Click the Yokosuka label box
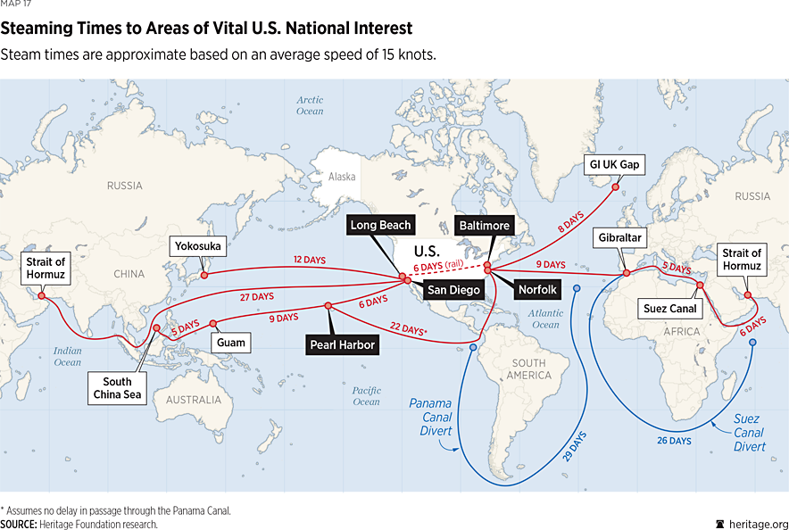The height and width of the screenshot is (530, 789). (198, 245)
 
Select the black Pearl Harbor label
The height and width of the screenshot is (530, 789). (341, 343)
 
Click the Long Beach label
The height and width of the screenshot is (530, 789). (380, 226)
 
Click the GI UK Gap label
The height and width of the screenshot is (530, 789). (615, 164)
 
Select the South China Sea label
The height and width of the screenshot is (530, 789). (117, 388)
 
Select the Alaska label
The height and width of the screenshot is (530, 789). (342, 177)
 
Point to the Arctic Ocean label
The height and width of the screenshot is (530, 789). (311, 105)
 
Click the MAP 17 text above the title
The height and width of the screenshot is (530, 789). (16, 6)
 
